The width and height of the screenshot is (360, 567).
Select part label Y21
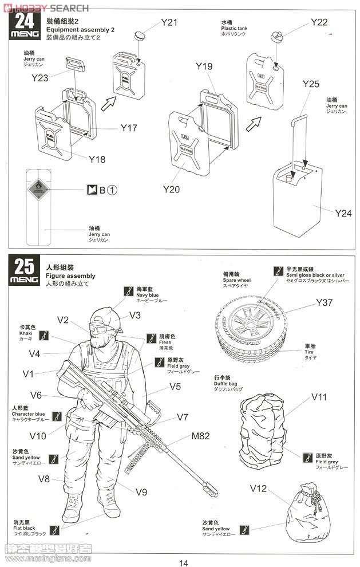169,22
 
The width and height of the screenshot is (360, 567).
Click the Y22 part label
319,22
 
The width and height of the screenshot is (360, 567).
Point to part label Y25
311,84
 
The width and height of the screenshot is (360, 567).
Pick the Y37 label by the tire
323,303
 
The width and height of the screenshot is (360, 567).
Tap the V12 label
259,489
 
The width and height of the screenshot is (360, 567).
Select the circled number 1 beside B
113,190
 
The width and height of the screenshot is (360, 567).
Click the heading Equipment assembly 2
81,29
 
